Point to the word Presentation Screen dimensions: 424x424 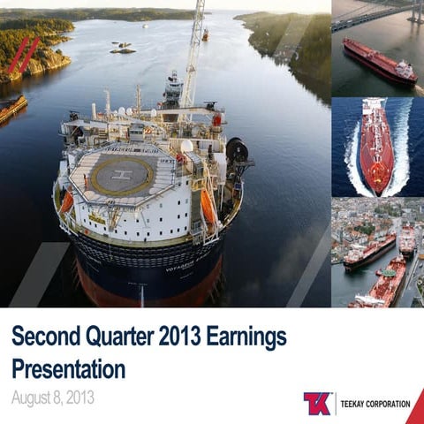coord(68,367)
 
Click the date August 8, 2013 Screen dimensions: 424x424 coord(52,397)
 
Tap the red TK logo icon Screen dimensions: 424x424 coord(317,404)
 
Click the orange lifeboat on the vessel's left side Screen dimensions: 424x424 coord(67,201)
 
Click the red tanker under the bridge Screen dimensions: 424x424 coord(379,62)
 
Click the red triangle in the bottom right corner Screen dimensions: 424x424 coord(415,410)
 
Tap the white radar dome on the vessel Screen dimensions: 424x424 coord(186,146)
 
